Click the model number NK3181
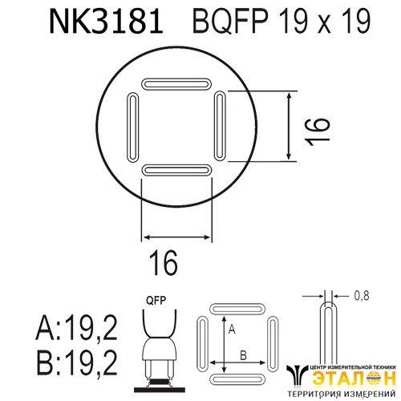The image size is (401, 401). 106,21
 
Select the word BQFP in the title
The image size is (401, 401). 230,21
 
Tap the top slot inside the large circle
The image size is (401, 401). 176,84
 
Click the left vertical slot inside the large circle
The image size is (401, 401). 132,128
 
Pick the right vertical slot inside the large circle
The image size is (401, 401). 220,126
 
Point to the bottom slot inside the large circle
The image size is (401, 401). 176,170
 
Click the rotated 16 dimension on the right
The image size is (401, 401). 318,132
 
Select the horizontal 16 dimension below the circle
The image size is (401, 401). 163,263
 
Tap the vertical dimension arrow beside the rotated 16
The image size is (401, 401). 289,126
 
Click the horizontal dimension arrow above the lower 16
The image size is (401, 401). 176,237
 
